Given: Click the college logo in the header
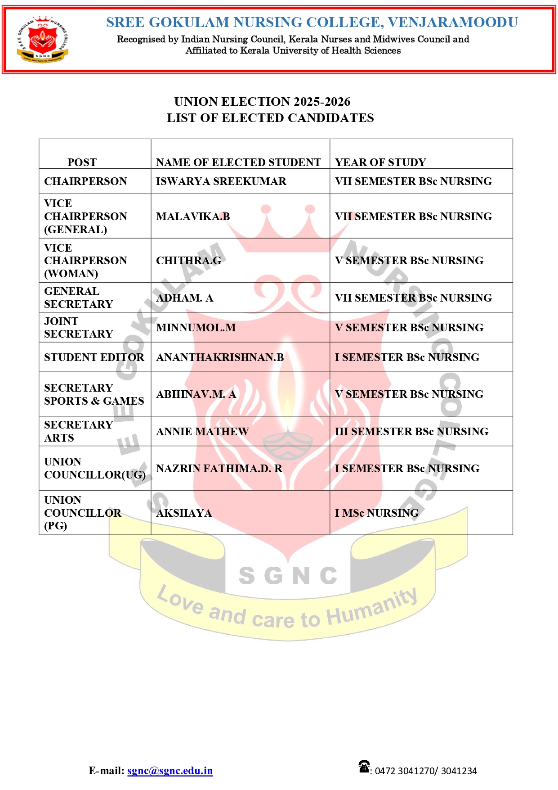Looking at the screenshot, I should click(x=43, y=40).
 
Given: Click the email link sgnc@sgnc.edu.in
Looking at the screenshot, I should click(x=170, y=771).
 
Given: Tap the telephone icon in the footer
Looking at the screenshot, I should click(x=364, y=766).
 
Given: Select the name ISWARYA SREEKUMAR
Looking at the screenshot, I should click(x=221, y=181).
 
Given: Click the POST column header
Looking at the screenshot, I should click(x=82, y=162).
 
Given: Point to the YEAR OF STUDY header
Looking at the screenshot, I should click(x=380, y=162).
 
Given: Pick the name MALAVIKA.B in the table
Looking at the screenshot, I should click(x=193, y=217).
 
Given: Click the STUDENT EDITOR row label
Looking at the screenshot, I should click(x=94, y=357).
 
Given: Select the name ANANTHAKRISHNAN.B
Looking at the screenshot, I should click(x=220, y=357).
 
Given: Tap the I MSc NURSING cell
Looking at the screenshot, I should click(x=377, y=513).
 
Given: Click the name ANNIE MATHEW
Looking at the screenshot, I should click(x=202, y=432).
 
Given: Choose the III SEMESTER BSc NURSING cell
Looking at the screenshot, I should click(x=411, y=432).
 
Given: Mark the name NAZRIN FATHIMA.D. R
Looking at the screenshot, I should click(x=219, y=469).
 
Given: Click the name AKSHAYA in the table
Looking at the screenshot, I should click(x=184, y=513).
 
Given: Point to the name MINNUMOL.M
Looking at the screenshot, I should click(x=196, y=328).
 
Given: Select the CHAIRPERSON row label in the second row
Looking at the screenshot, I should click(x=85, y=181).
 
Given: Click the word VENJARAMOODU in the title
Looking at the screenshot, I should click(x=453, y=22).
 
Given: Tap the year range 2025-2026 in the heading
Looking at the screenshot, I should click(x=322, y=102).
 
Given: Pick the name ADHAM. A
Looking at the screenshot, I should click(x=184, y=298).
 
